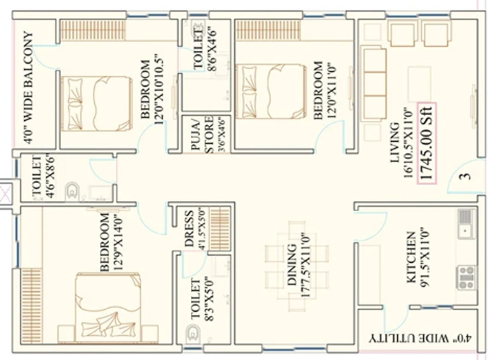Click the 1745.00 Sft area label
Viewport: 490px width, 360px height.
tap(427, 143)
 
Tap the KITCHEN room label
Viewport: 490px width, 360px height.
tap(411, 257)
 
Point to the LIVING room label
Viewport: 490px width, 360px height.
tap(395, 142)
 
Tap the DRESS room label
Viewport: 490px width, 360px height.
tap(188, 229)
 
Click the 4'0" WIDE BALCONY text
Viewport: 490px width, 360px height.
tap(28, 87)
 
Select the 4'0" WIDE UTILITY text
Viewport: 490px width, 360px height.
tap(421, 338)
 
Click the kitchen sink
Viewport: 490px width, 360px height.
tap(466, 223)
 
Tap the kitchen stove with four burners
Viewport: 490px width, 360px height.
tap(467, 277)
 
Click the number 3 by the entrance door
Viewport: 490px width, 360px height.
tap(465, 176)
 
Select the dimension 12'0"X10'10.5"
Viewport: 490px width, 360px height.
tap(158, 89)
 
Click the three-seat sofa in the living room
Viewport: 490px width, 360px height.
tap(374, 84)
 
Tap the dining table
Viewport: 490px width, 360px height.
tap(297, 267)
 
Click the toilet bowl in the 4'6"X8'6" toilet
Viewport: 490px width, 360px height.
tap(73, 191)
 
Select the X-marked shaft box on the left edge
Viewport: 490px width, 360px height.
tap(6, 193)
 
